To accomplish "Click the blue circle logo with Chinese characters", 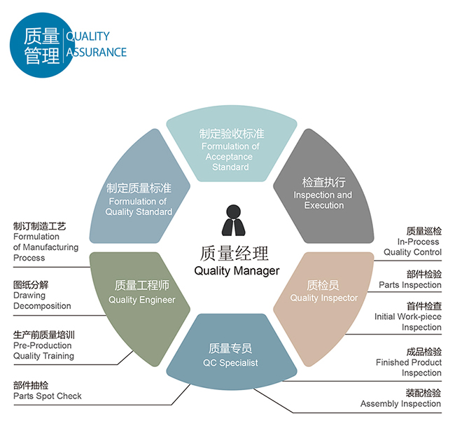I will (x=41, y=43).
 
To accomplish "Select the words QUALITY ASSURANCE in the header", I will (x=96, y=44).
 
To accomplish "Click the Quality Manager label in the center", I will (x=236, y=262).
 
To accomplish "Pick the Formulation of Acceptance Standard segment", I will (x=230, y=147).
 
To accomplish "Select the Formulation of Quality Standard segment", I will (x=139, y=198).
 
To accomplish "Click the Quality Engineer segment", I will (x=141, y=292).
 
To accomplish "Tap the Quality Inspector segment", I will (x=323, y=291).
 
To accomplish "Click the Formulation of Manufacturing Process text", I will (x=46, y=242).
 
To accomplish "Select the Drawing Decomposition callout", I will (x=42, y=296).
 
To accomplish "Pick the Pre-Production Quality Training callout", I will (x=43, y=345).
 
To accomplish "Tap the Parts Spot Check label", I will (x=47, y=391).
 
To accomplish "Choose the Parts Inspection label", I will (x=410, y=279).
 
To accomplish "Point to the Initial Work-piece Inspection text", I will (x=407, y=317).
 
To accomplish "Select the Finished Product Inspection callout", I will (x=409, y=362).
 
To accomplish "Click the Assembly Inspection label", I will (x=400, y=398).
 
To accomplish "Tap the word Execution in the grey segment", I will (x=324, y=205).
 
